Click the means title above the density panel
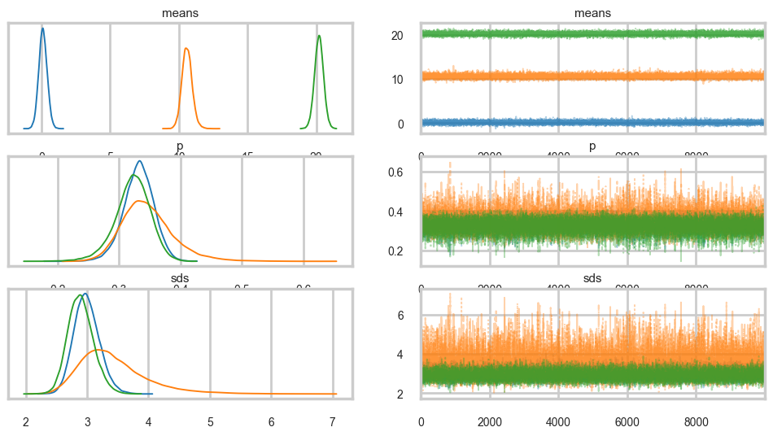(180, 13)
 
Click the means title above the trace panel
(592, 13)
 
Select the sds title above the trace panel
(592, 278)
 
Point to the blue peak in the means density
(42, 28)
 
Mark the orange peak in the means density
(186, 49)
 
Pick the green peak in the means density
(319, 36)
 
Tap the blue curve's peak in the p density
(140, 161)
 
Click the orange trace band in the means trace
(592, 76)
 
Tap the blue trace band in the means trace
(592, 122)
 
